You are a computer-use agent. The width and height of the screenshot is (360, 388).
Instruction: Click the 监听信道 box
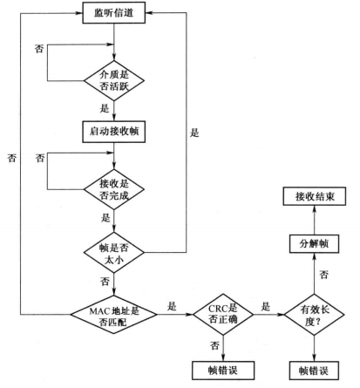tap(114, 13)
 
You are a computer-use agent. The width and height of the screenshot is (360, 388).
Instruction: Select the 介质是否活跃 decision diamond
tap(114, 81)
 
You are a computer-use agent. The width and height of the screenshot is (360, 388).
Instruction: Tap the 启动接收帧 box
tap(114, 132)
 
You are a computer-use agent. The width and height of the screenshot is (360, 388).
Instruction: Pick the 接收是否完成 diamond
tap(114, 189)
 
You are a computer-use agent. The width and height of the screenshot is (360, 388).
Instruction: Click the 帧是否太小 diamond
tap(114, 253)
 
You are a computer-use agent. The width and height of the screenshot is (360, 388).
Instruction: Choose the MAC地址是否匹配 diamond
tap(114, 315)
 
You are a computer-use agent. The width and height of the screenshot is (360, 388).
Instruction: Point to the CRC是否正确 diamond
tap(223, 315)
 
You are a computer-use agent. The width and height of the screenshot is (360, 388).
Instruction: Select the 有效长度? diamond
tap(314, 315)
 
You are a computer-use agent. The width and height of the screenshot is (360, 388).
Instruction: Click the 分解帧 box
tap(314, 243)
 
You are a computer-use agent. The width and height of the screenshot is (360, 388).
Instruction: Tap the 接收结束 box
tap(315, 196)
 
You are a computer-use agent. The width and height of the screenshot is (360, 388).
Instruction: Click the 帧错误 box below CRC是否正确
tap(223, 371)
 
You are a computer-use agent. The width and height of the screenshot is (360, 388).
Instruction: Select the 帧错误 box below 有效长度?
tap(314, 371)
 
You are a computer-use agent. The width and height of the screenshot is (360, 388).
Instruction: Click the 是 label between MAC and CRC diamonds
tap(172, 306)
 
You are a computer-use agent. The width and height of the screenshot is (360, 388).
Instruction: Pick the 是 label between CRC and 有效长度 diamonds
tap(266, 306)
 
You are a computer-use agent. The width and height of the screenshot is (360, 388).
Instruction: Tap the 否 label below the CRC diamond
tap(214, 346)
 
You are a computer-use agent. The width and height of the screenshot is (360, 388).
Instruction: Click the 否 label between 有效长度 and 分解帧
tap(324, 275)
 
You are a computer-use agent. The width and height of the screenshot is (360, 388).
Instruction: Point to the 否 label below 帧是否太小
tap(105, 282)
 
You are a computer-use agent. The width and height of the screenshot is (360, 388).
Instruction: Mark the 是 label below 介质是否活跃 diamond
tap(105, 109)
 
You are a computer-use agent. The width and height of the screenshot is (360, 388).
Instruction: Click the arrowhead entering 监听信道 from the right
tap(149, 13)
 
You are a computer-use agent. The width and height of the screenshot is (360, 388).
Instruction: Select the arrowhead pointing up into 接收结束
tap(314, 209)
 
